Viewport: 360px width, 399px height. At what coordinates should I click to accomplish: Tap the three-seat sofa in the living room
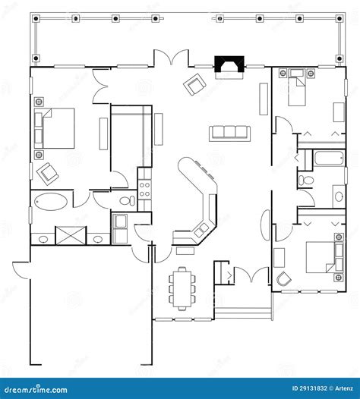click(x=230, y=134)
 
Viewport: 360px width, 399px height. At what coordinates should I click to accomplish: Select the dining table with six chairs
click(x=182, y=289)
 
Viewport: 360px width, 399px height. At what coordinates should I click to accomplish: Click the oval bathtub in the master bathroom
click(x=51, y=202)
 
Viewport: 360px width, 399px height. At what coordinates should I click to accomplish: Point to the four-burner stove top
click(x=144, y=190)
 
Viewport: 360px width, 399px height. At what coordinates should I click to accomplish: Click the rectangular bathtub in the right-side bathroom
click(x=329, y=159)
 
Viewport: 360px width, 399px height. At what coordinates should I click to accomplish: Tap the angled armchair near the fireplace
click(x=194, y=84)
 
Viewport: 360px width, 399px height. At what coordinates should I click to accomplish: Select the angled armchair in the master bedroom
click(x=48, y=174)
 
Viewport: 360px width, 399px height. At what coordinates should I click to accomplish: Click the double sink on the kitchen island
click(x=201, y=229)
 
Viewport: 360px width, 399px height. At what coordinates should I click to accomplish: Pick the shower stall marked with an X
click(x=71, y=235)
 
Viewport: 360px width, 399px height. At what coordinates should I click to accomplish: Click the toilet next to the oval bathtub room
click(x=128, y=200)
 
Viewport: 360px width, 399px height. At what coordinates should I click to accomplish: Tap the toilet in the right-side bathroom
click(x=306, y=180)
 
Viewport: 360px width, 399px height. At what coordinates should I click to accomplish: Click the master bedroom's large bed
click(x=54, y=128)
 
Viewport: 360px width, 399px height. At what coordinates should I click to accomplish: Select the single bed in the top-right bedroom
click(x=297, y=87)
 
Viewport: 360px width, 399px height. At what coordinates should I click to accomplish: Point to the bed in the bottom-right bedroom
click(x=324, y=257)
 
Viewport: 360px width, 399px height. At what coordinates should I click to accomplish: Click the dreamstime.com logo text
click(x=36, y=390)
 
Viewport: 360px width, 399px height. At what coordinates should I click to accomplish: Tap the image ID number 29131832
click(x=313, y=388)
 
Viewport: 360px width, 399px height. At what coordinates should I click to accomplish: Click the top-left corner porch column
click(x=36, y=18)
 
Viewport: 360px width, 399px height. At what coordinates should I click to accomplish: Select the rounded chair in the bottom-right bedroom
click(x=283, y=279)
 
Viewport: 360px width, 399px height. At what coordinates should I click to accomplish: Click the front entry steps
click(x=243, y=313)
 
